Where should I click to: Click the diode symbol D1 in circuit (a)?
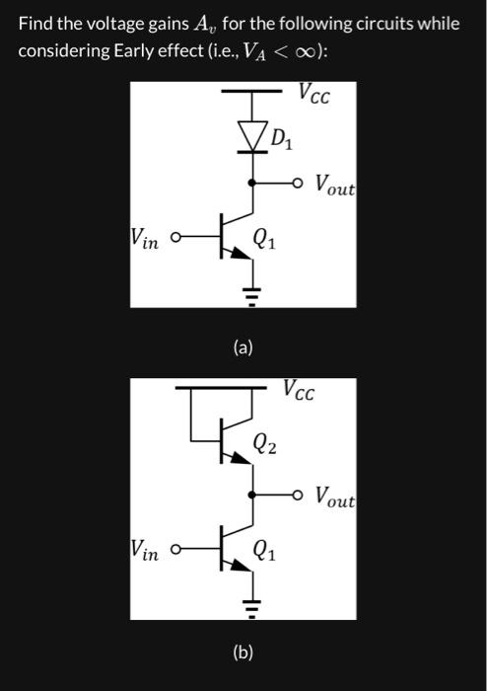point(252,136)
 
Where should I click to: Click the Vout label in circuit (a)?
point(335,184)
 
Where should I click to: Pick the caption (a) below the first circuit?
point(243,347)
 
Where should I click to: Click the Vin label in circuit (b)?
point(144,550)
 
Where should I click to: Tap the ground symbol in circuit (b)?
point(252,605)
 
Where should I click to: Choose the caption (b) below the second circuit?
point(243,652)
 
